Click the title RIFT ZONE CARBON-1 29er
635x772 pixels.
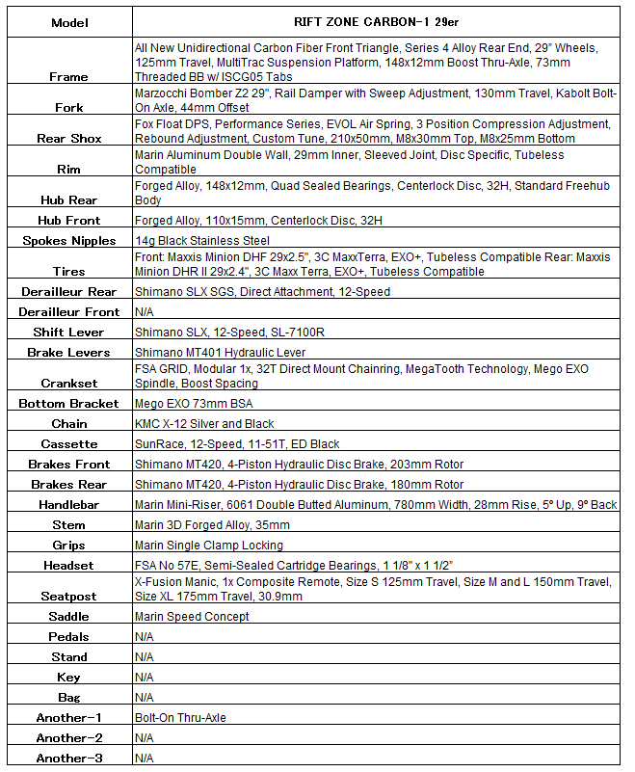(376, 23)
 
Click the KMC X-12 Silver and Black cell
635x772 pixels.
(204, 424)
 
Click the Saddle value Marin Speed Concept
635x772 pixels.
(192, 617)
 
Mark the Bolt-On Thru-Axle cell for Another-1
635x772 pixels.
(180, 718)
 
